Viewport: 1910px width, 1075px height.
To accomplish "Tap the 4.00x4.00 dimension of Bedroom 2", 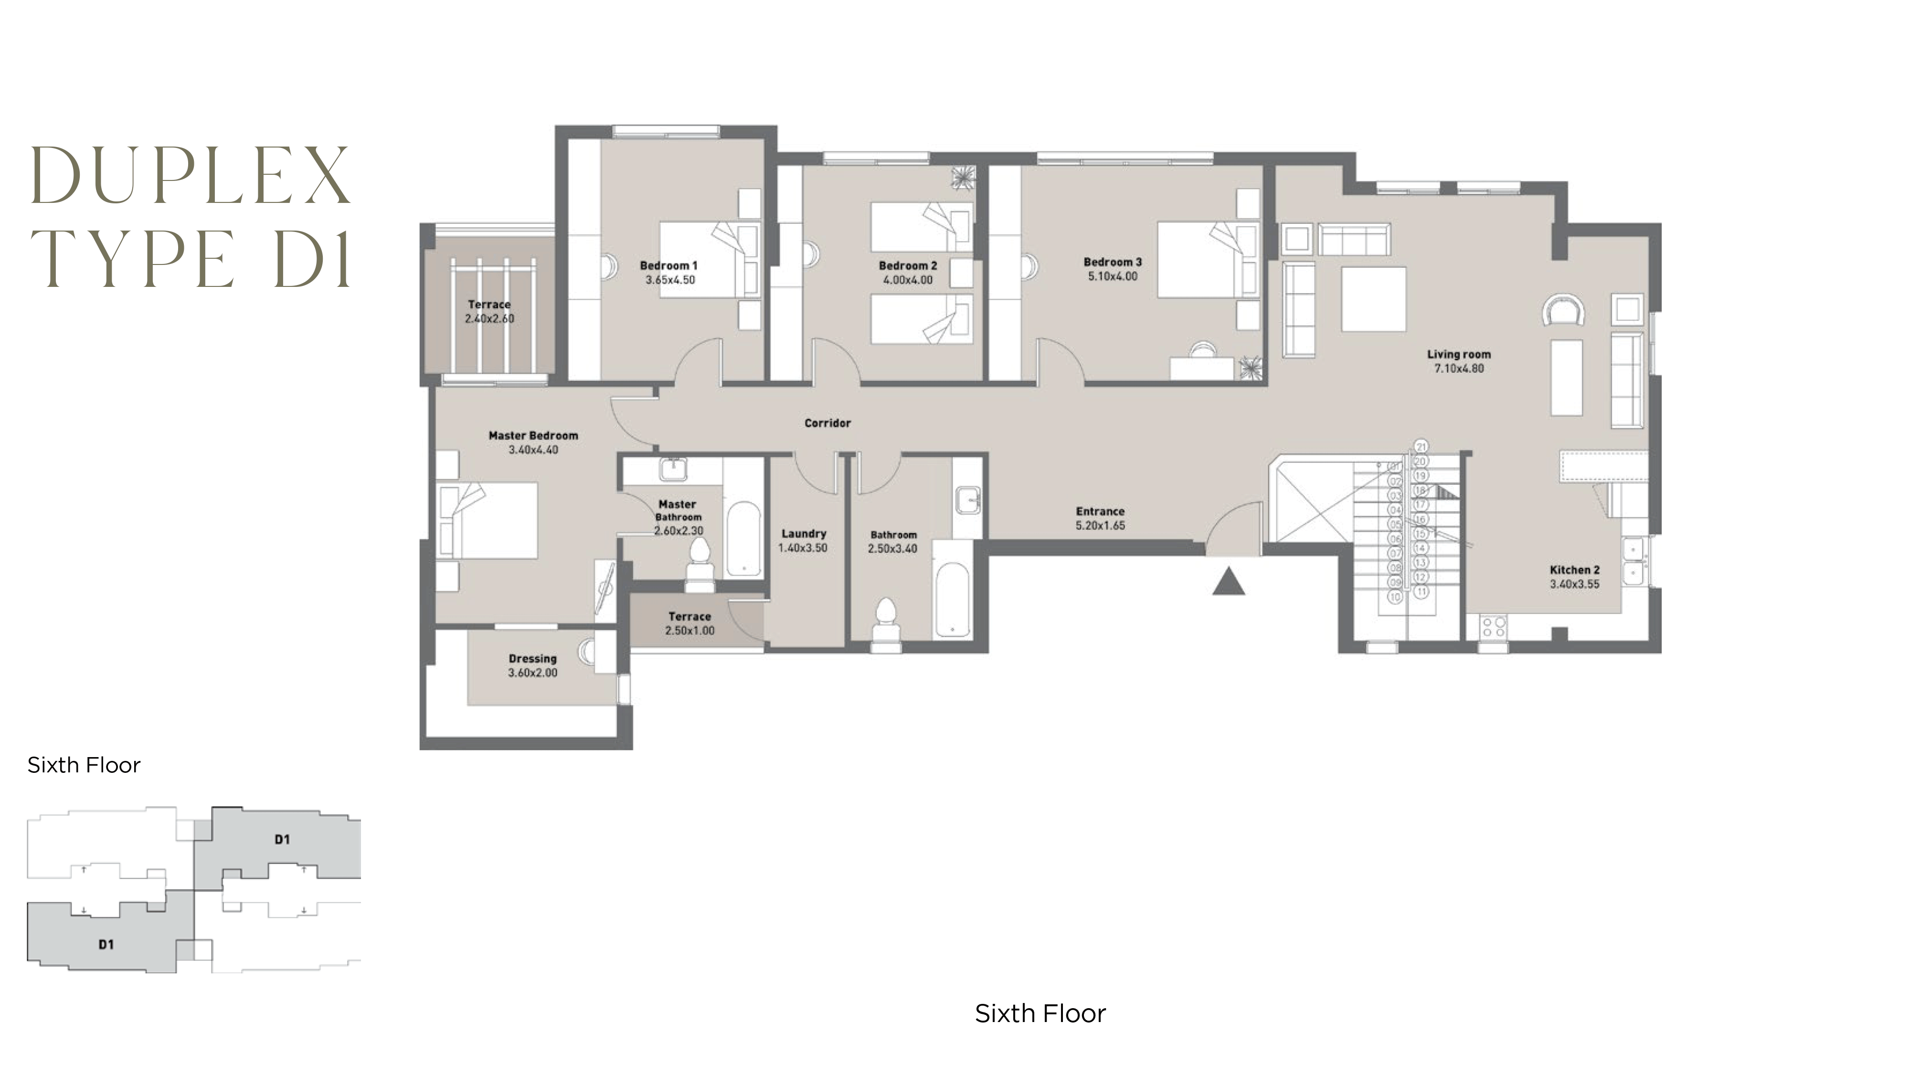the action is click(908, 280).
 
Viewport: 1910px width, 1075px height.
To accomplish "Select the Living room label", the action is click(1458, 354).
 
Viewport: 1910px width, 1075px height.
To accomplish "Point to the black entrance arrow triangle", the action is click(1229, 581).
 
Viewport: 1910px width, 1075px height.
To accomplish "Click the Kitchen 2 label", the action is click(1574, 569).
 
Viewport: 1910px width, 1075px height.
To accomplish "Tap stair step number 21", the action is click(1421, 446).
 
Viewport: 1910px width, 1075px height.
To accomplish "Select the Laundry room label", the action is click(804, 533).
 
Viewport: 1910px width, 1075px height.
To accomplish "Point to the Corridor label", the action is click(828, 422).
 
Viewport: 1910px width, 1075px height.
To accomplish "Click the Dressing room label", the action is click(532, 658).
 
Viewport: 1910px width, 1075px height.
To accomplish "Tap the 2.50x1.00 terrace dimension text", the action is click(690, 630).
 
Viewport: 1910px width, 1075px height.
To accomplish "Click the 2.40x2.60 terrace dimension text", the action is click(489, 318).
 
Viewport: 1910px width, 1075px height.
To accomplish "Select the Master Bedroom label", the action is click(533, 435).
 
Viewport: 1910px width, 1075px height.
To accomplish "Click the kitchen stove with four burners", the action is click(1493, 627).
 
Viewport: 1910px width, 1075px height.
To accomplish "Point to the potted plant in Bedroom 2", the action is click(963, 179).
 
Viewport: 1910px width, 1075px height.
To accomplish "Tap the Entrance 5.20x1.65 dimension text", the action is click(1100, 525).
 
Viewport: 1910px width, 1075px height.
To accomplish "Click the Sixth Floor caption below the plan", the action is click(1040, 1013).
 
